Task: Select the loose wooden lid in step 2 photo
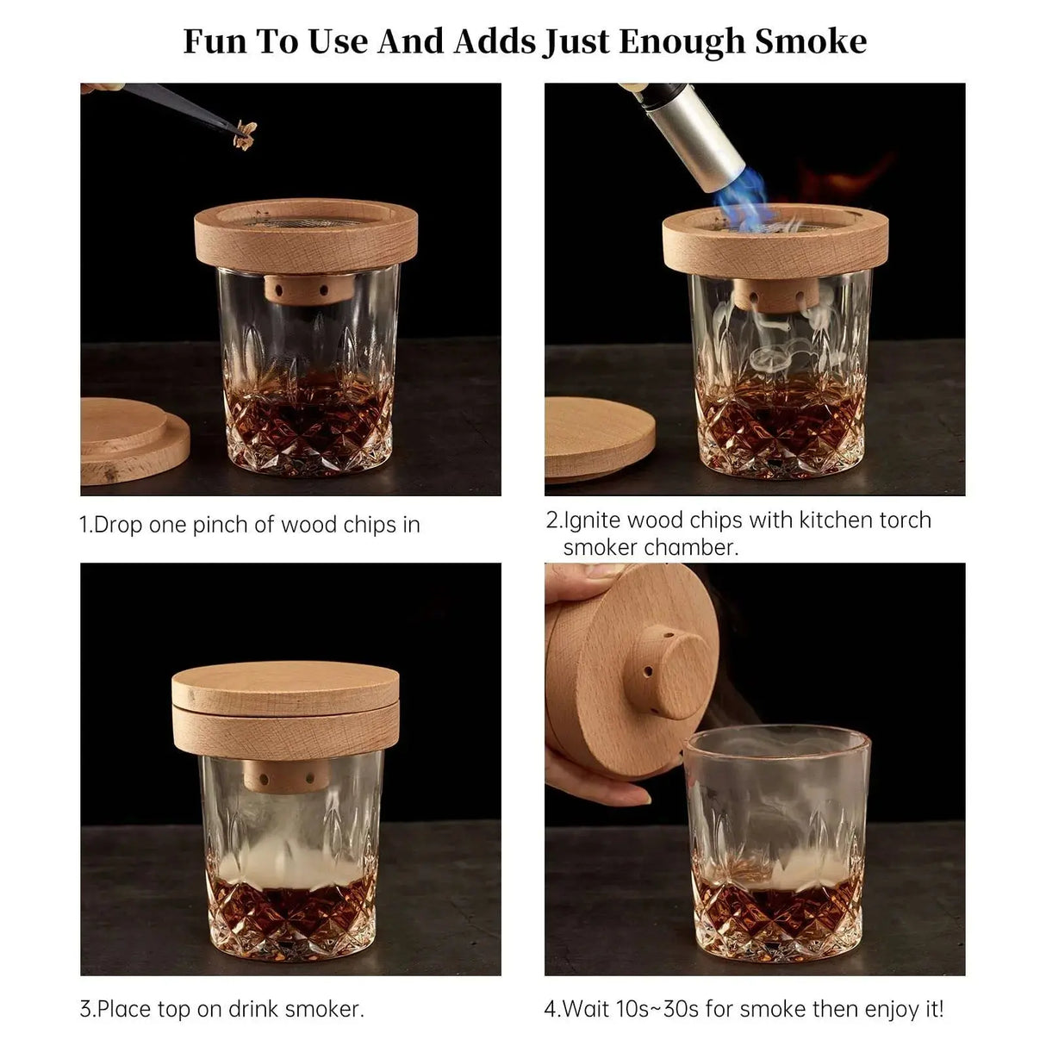(598, 437)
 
